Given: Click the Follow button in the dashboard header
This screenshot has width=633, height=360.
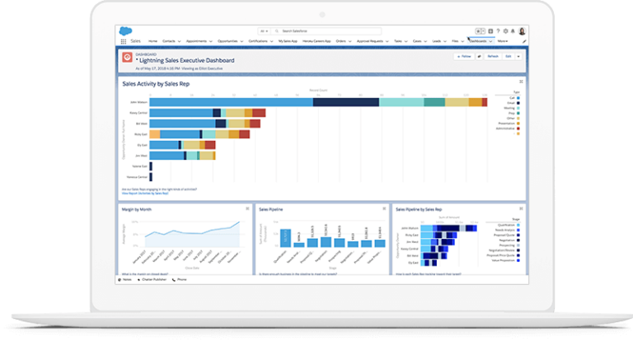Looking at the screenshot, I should coord(464,56).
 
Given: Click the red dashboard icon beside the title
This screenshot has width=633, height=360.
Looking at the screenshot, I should coord(127,57).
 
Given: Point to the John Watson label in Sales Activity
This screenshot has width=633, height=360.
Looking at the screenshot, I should coord(139,101).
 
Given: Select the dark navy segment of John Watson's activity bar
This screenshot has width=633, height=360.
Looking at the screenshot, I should coord(346,101).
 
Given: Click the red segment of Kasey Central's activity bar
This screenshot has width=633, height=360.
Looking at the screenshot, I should coord(259,112).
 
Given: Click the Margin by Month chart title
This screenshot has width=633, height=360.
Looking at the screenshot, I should coord(137,210).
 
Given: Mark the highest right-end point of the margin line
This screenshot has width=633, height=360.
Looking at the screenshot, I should coord(239,222).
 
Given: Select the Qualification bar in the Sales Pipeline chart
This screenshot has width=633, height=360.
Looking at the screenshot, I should coord(285,236).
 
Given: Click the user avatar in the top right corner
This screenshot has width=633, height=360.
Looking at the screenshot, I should coord(522,30).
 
